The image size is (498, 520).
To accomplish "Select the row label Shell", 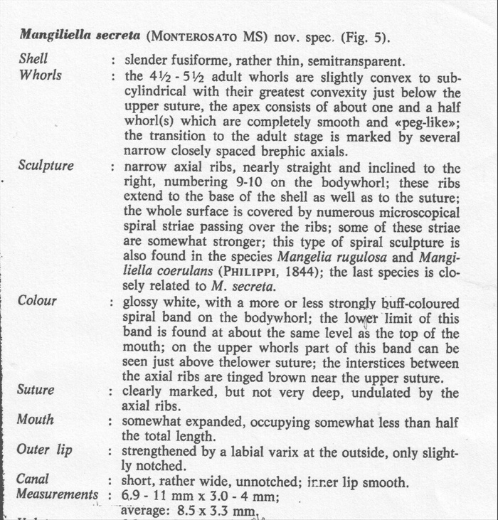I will (33, 60).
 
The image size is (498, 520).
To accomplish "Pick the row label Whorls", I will (39, 75).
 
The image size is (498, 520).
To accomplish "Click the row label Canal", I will (33, 480).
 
